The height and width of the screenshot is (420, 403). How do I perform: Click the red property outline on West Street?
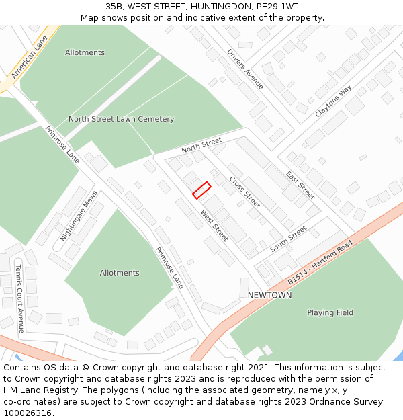pyautogui.click(x=201, y=190)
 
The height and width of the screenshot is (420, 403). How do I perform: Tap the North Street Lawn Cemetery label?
pyautogui.click(x=121, y=119)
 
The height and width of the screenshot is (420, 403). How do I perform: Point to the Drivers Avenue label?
pyautogui.click(x=245, y=69)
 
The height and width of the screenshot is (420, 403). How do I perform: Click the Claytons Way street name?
pyautogui.click(x=333, y=101)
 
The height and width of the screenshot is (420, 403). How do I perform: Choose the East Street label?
pyautogui.click(x=300, y=185)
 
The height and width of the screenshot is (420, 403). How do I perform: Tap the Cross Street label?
pyautogui.click(x=244, y=192)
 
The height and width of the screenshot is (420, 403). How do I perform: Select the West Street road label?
pyautogui.click(x=214, y=225)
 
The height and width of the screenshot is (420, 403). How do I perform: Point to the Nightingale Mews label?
pyautogui.click(x=79, y=216)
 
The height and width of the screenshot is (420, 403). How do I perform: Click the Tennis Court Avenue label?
pyautogui.click(x=19, y=298)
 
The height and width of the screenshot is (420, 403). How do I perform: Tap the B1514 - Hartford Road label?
pyautogui.click(x=320, y=261)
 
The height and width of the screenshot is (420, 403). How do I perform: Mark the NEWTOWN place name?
pyautogui.click(x=269, y=295)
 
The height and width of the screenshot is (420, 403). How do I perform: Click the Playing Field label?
pyautogui.click(x=330, y=312)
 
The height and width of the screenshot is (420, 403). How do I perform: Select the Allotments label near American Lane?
pyautogui.click(x=85, y=52)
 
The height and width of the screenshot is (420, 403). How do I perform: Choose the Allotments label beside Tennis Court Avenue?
pyautogui.click(x=120, y=273)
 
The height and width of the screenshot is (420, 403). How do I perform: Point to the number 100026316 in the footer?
pyautogui.click(x=27, y=413)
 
